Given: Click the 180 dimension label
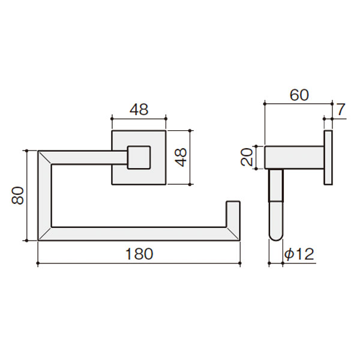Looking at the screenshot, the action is pos(139,254).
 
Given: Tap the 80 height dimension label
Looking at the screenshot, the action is pos(17,196).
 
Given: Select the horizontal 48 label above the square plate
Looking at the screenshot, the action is pos(139,110).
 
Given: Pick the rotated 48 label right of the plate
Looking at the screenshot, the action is pos(181,157).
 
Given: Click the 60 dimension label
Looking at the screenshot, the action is pos(299,95).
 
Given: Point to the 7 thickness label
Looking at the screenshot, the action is pos(341,110).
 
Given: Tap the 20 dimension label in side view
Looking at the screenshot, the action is pos(247,157).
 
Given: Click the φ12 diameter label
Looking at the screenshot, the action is pos(299,254).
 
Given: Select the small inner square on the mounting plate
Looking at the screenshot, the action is pos(139,157).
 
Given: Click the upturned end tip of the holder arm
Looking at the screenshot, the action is pos(233,202).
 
